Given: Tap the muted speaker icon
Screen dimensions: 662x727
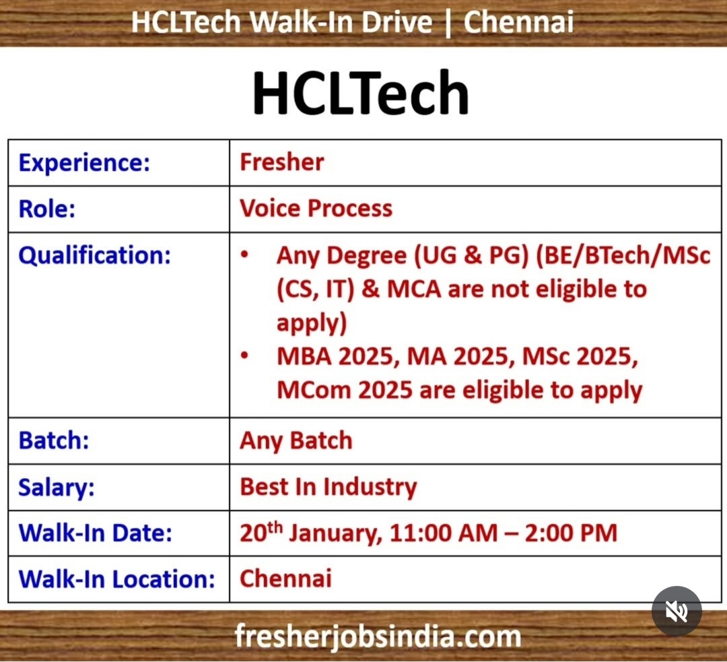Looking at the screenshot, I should pos(677,611).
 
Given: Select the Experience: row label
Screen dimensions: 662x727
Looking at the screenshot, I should pos(84,162).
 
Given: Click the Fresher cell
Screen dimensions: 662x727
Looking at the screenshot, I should pos(282,162).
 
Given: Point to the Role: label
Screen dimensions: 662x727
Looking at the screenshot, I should pos(47,208).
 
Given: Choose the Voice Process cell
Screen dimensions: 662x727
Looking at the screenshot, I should pos(316,208).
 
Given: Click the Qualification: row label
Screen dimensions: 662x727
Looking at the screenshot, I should pos(94,255).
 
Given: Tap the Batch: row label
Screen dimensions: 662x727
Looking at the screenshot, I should pos(54,440).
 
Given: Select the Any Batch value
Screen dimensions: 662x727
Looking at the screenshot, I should pos(296,440).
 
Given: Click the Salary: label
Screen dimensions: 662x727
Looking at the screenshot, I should pos(57,487).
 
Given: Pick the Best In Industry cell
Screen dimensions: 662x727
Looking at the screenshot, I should pos(328,487).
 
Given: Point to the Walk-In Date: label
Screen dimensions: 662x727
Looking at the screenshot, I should pos(96,533).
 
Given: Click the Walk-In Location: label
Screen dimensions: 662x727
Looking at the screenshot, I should pos(116,578).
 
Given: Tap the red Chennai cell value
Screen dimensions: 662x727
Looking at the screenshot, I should pos(285,578).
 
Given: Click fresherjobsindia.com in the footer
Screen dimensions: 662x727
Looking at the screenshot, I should pos(378,636).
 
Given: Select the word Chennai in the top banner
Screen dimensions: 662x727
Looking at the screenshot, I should pos(518,22).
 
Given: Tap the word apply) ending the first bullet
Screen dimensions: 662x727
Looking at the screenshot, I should pos(312,323).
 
